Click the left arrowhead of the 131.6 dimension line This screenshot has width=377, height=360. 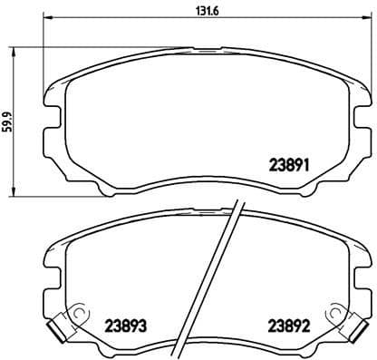48,20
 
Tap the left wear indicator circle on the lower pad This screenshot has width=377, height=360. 78,315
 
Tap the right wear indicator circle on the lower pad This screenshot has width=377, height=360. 337,315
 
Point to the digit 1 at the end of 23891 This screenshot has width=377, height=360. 308,165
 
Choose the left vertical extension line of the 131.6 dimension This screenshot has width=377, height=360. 44,54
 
